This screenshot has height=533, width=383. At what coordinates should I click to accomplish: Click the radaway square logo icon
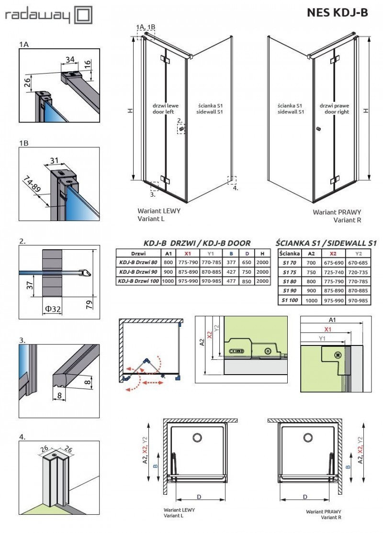pyautogui.click(x=84, y=15)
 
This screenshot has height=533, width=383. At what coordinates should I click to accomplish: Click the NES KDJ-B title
pyautogui.click(x=337, y=13)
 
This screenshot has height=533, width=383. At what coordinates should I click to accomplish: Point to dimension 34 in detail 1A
pyautogui.click(x=70, y=59)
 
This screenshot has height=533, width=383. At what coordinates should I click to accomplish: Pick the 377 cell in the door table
pyautogui.click(x=231, y=262)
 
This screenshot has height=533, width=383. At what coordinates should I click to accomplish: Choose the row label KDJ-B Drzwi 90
pyautogui.click(x=137, y=272)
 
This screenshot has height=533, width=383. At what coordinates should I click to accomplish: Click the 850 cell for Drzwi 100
pyautogui.click(x=247, y=281)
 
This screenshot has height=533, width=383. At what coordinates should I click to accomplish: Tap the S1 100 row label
pyautogui.click(x=289, y=300)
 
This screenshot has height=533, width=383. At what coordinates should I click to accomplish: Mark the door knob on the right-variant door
pyautogui.click(x=317, y=129)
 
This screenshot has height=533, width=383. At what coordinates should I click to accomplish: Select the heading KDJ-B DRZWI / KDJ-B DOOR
pyautogui.click(x=197, y=243)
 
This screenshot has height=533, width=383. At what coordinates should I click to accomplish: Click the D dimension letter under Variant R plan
pyautogui.click(x=305, y=497)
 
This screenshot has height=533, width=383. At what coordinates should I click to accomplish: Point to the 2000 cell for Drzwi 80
pyautogui.click(x=262, y=262)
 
